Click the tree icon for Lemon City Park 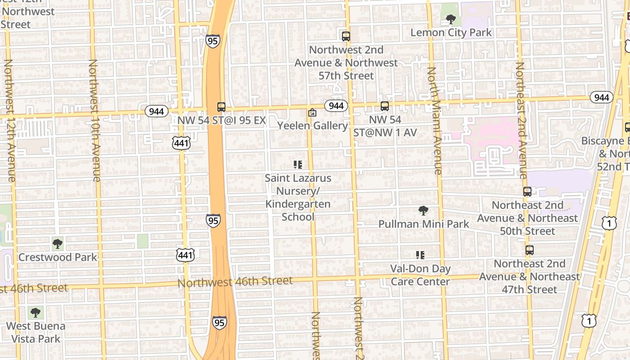tap(450, 19)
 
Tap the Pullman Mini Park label tap(423, 224)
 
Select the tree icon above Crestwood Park tap(57, 244)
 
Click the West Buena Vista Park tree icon tap(36, 312)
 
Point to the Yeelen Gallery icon tap(312, 112)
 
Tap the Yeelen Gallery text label tap(312, 126)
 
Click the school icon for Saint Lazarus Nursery tap(297, 165)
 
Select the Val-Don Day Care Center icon tap(420, 255)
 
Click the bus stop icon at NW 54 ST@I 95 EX tap(221, 107)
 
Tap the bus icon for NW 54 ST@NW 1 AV tap(384, 106)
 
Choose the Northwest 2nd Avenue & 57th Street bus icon tap(346, 36)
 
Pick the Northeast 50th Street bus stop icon tap(527, 192)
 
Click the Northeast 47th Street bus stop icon tap(530, 250)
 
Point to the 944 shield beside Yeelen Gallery tap(336, 106)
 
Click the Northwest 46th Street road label tap(235, 282)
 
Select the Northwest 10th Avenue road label tap(94, 121)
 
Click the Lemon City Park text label tap(451, 32)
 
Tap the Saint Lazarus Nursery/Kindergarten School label tap(297, 198)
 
